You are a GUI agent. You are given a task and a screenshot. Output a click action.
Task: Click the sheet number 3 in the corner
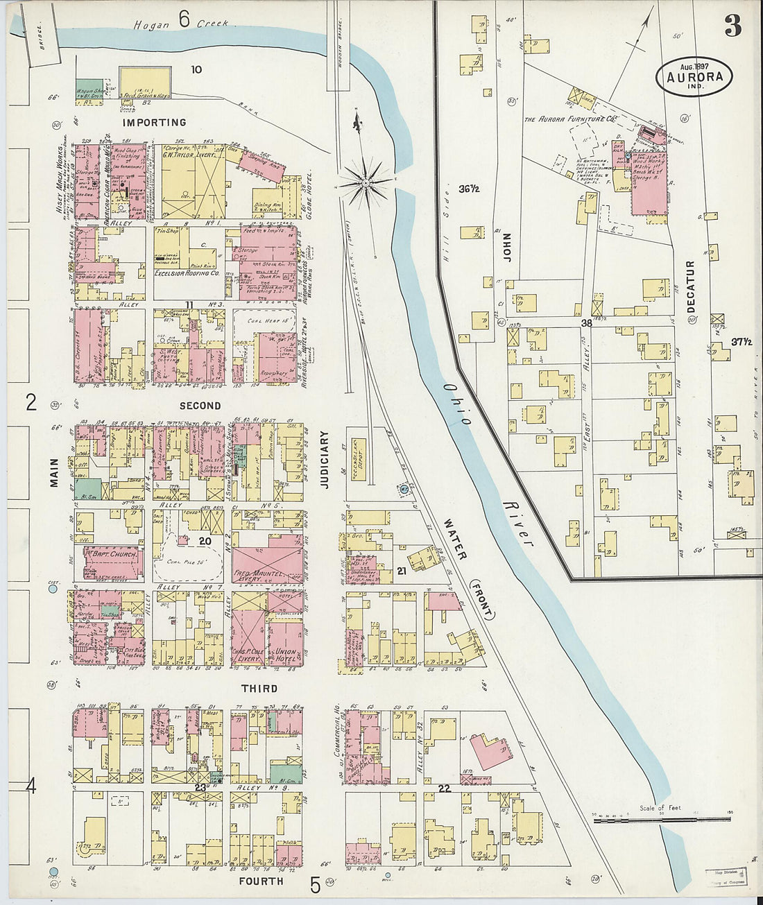[732, 26]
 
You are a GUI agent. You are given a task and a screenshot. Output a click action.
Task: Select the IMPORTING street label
[155, 123]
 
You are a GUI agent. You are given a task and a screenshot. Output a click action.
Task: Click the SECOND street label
[200, 406]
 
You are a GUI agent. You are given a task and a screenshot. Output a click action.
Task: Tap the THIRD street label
[259, 689]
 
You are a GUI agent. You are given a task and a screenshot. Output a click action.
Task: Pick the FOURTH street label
[262, 881]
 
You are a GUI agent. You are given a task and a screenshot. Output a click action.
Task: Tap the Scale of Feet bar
[652, 819]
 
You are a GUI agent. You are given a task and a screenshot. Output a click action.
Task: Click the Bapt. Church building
[113, 554]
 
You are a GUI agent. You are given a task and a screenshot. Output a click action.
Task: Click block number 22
[445, 788]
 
